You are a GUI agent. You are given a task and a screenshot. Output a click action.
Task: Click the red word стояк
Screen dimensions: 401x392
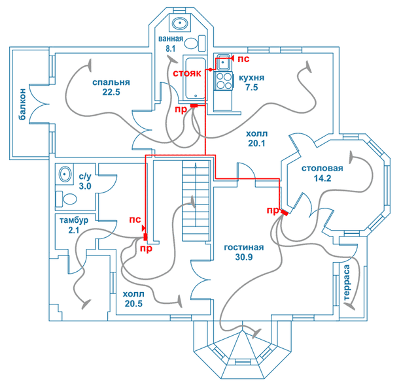pyautogui.click(x=187, y=73)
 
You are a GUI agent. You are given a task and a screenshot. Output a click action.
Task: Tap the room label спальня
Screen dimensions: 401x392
pyautogui.click(x=111, y=82)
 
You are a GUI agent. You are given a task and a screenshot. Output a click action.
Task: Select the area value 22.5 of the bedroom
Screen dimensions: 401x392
pyautogui.click(x=111, y=92)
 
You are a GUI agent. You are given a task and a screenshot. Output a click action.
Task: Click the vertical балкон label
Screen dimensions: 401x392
pyautogui.click(x=22, y=104)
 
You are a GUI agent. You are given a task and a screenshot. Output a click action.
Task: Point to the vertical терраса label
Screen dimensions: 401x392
pyautogui.click(x=346, y=282)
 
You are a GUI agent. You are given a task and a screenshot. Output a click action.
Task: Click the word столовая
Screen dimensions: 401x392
pyautogui.click(x=323, y=169)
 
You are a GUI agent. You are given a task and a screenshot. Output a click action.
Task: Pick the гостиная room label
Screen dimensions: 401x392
pyautogui.click(x=244, y=248)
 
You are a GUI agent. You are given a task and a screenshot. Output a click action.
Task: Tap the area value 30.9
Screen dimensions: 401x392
pyautogui.click(x=244, y=257)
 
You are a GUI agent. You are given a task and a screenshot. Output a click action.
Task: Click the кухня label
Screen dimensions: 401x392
pyautogui.click(x=251, y=78)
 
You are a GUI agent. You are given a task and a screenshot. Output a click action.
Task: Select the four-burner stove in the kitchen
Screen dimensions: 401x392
pyautogui.click(x=224, y=81)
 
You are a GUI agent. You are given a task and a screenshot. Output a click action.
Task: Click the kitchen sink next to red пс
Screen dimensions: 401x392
pyautogui.click(x=224, y=62)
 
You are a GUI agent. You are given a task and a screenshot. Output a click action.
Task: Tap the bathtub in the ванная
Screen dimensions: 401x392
pyautogui.click(x=196, y=78)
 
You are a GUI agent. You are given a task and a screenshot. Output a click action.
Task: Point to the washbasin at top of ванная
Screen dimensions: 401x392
pyautogui.click(x=180, y=24)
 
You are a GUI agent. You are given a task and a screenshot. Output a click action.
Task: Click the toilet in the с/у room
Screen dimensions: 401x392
pyautogui.click(x=67, y=199)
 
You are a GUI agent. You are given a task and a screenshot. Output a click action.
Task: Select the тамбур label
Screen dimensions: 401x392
pyautogui.click(x=74, y=220)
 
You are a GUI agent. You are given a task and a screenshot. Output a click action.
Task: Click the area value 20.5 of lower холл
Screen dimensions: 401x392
pyautogui.click(x=133, y=303)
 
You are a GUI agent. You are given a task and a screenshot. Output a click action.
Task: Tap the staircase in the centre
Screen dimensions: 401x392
pyautogui.click(x=196, y=201)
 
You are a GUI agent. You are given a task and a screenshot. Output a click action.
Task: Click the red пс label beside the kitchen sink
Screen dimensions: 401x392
pyautogui.click(x=243, y=59)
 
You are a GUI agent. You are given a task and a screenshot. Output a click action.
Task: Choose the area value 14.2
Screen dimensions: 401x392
pyautogui.click(x=323, y=178)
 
